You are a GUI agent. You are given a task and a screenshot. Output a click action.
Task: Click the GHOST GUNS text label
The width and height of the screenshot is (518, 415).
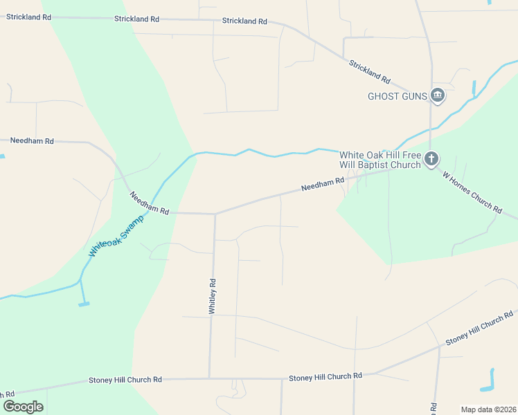coord(397,96)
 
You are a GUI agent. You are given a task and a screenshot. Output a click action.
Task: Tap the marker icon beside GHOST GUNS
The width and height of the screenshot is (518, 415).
coord(437,95)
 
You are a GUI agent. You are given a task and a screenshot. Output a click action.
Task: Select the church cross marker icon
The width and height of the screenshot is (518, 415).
coord(431,160)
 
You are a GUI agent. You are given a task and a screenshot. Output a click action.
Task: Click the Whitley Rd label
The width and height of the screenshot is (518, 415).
coord(213,297)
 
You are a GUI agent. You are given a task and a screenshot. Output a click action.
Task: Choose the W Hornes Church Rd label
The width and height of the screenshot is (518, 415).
coord(472,192)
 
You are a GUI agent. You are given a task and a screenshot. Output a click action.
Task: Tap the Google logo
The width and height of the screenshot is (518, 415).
coord(23,406)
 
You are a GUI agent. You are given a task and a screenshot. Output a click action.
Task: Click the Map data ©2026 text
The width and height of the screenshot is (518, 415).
coord(488,409)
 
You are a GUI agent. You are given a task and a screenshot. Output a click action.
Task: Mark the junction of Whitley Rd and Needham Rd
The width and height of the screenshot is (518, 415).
coord(215,214)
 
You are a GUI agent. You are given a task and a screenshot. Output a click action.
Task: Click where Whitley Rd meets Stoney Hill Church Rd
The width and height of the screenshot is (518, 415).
coord(210,378)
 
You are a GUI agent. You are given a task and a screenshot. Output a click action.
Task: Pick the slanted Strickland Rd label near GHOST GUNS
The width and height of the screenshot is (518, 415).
coord(370,71)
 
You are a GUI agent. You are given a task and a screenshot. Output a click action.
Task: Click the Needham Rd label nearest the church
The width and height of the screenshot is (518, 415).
coord(323,185)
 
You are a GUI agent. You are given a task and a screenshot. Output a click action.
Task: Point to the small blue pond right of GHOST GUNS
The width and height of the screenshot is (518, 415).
coord(474,88)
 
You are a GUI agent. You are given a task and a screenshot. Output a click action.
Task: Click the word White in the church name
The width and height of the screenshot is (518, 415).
coord(351,155)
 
